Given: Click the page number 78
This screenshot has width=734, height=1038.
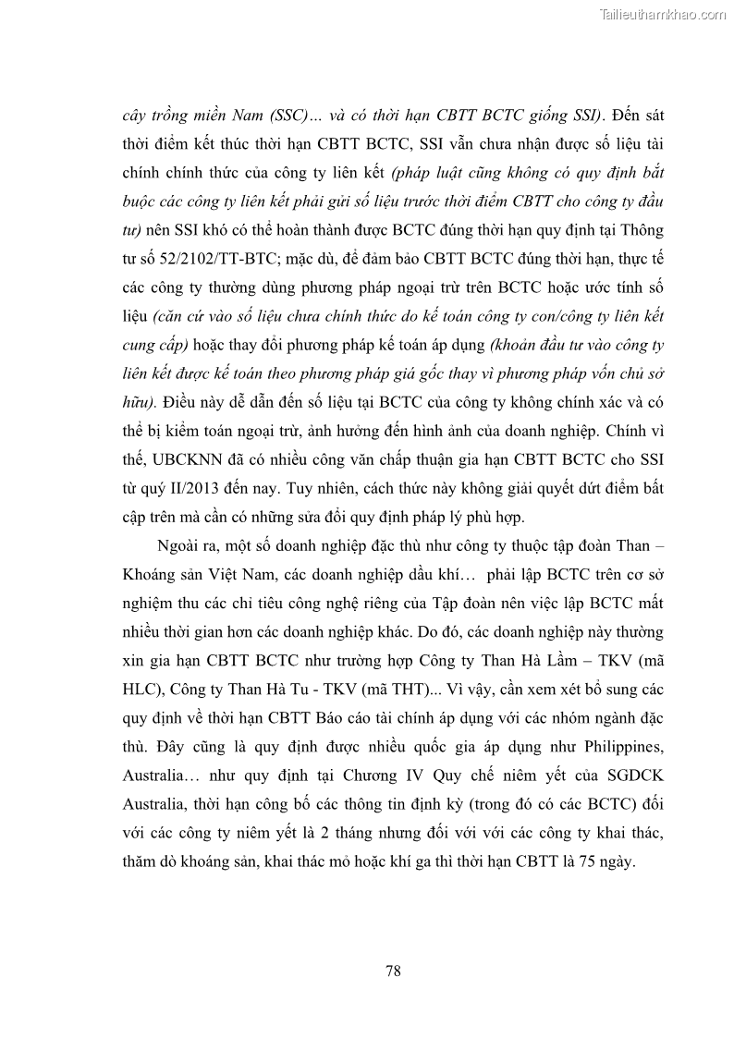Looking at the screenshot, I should [x=392, y=970].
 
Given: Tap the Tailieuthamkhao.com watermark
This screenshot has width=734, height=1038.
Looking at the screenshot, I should [x=663, y=15].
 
